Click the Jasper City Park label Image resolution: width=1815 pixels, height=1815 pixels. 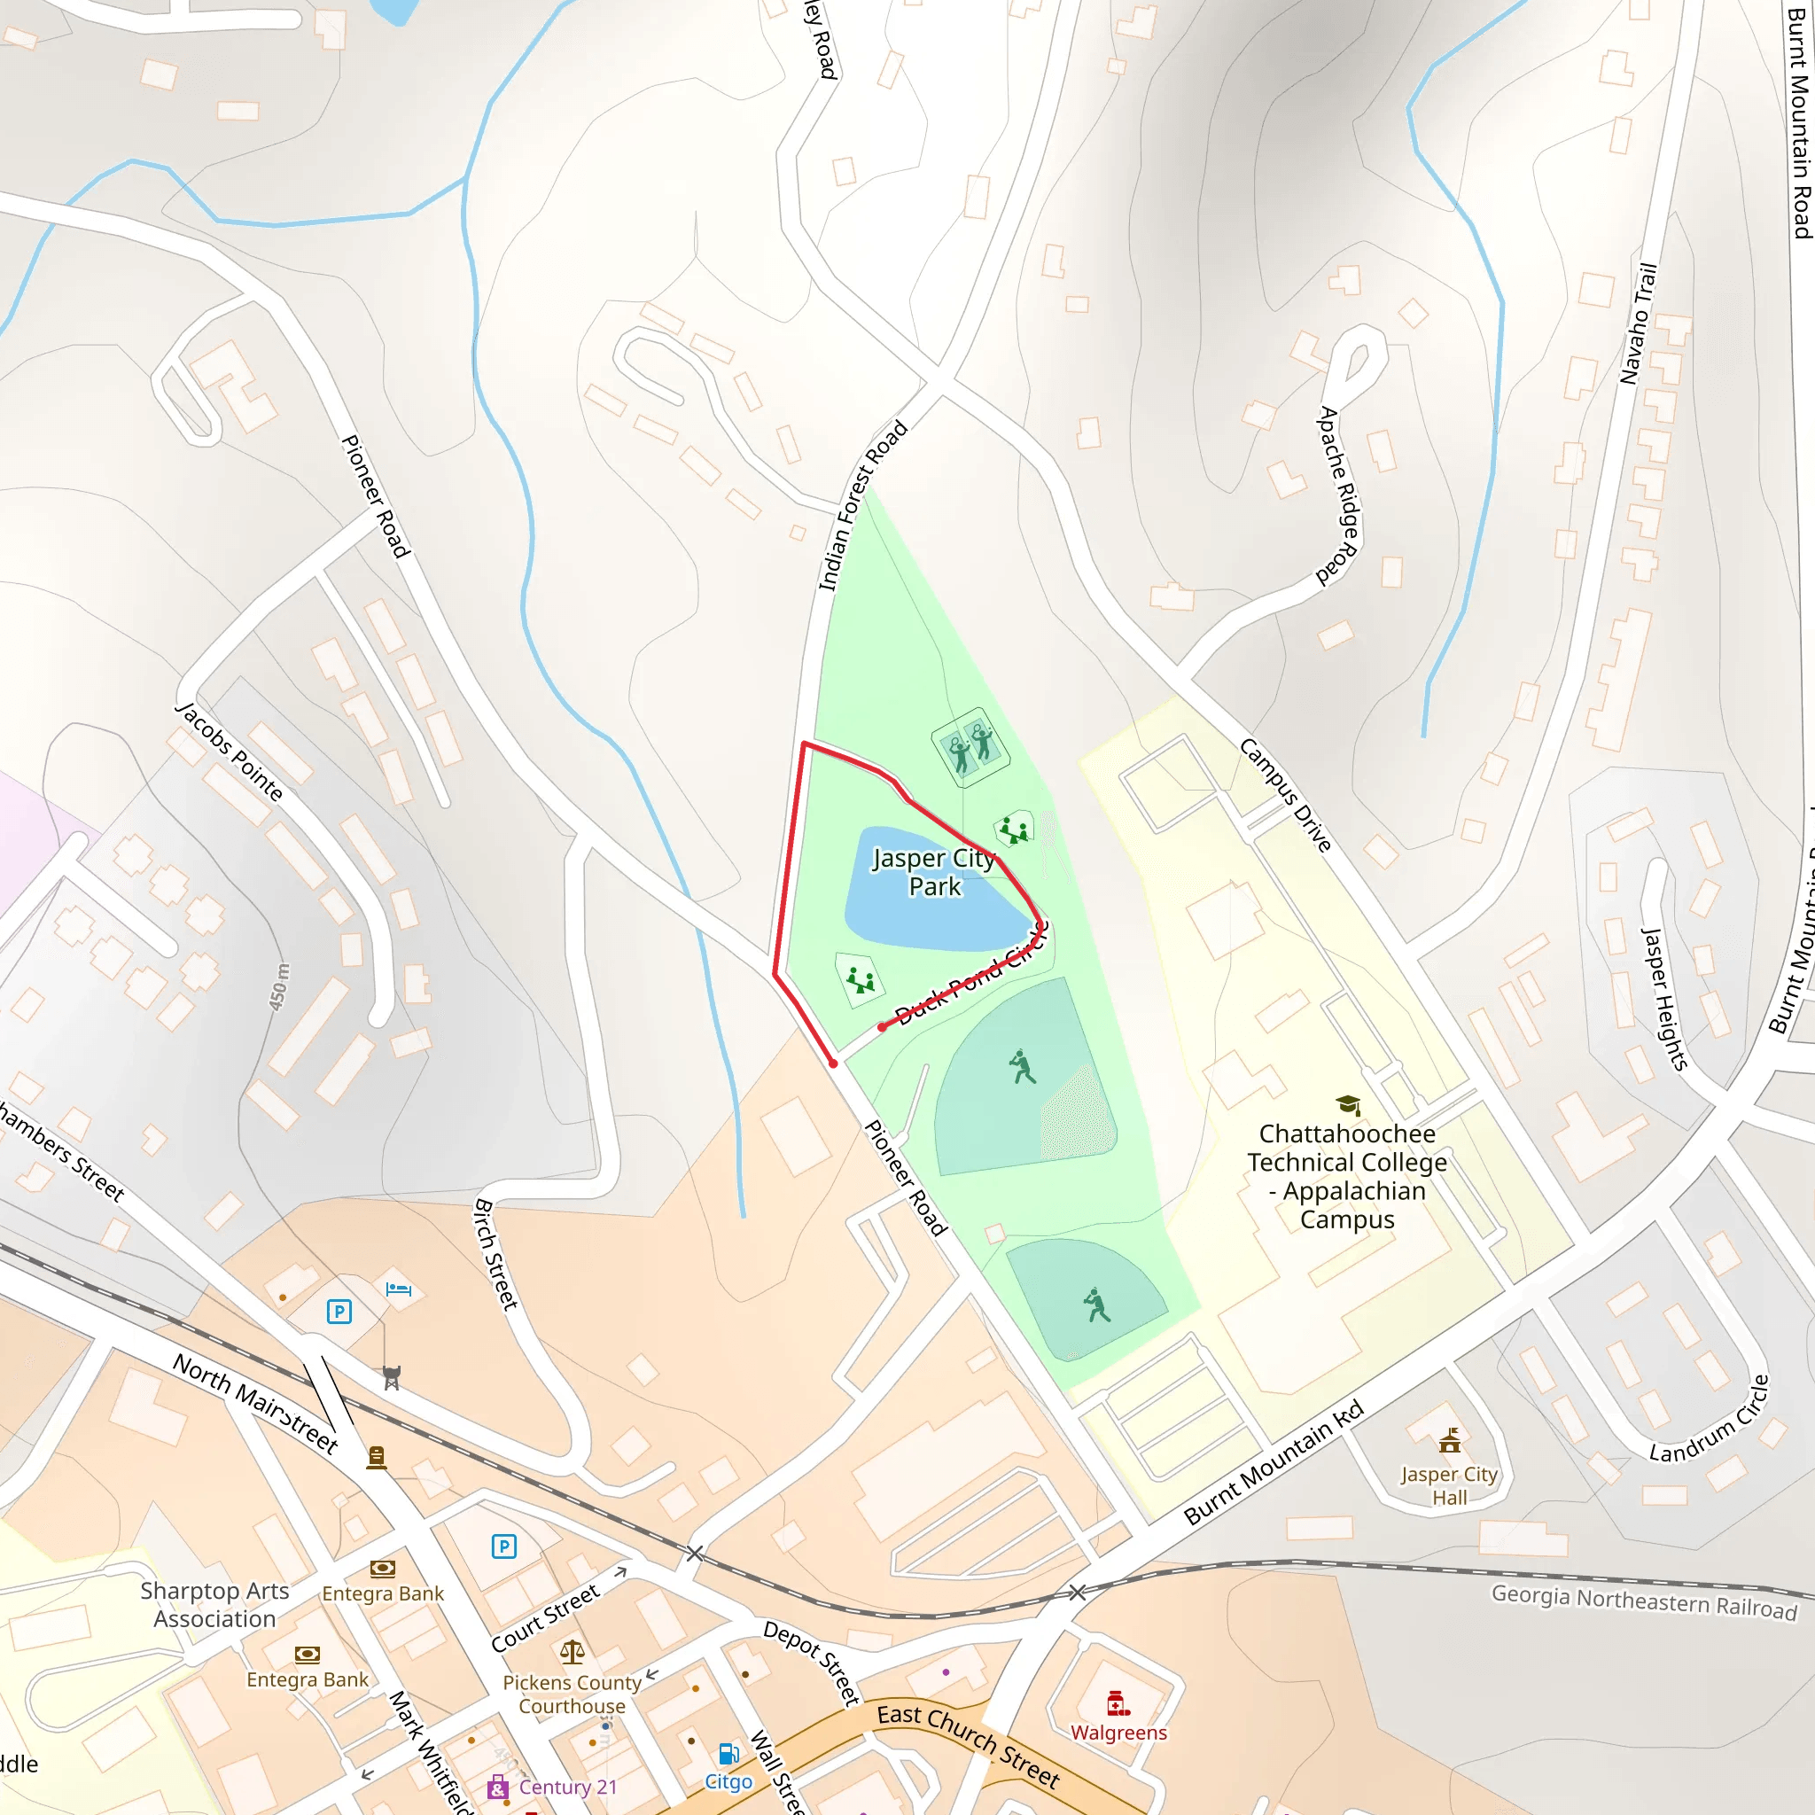[934, 873]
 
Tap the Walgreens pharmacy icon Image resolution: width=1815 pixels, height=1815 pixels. [1117, 1703]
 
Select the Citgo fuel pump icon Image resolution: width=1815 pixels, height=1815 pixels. [728, 1754]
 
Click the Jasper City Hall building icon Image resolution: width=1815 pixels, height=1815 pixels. [1450, 1441]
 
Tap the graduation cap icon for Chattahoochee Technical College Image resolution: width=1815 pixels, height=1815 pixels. [1348, 1105]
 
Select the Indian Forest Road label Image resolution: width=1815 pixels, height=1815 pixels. [862, 505]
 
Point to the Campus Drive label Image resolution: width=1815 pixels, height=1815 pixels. [1285, 795]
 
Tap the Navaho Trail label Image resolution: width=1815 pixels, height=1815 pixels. [1639, 323]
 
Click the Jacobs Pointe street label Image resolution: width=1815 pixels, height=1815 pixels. [230, 751]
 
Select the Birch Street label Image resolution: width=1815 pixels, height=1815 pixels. [496, 1253]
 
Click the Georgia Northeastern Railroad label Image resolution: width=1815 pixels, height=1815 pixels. [1644, 1601]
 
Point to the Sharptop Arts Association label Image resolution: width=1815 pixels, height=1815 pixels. [215, 1605]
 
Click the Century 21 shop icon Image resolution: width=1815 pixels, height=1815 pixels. [498, 1787]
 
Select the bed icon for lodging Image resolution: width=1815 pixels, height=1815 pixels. [398, 1289]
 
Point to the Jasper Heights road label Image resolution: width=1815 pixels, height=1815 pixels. [1663, 998]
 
